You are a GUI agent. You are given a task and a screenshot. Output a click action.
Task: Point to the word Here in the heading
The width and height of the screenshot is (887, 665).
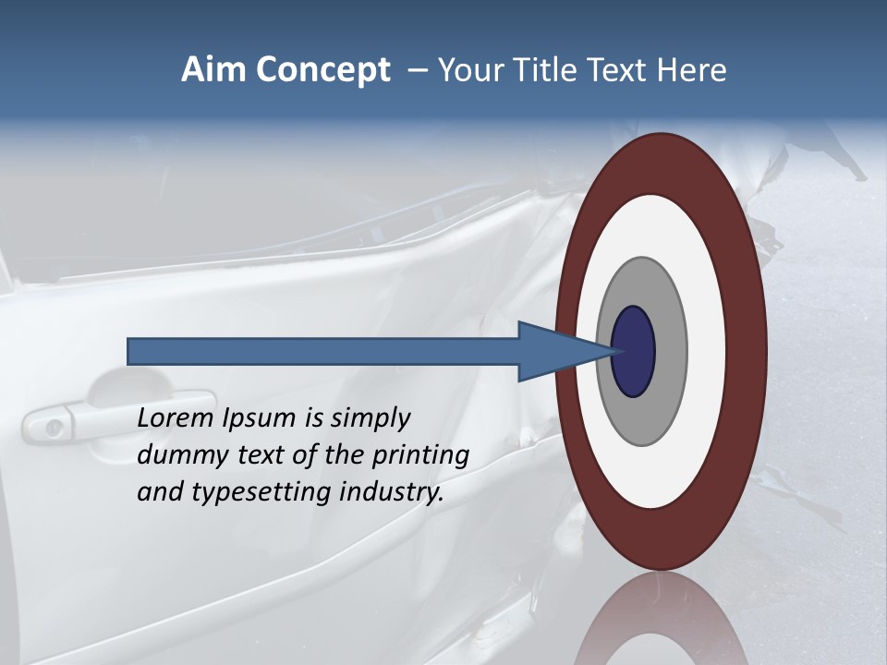(x=692, y=70)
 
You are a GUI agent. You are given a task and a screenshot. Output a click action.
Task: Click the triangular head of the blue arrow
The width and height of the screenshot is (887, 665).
(x=554, y=351)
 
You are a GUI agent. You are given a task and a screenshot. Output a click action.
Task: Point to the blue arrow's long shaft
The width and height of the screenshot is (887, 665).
(x=323, y=351)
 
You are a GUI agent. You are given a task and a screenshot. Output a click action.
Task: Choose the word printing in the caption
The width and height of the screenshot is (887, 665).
(x=420, y=456)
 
